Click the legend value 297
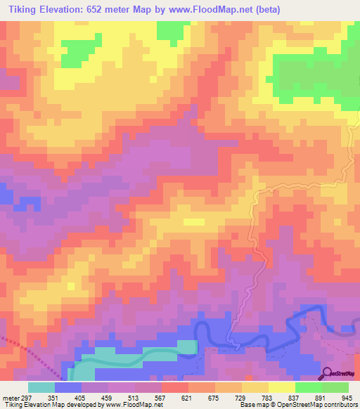[25, 397]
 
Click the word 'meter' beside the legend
[9, 397]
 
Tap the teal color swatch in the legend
[41, 387]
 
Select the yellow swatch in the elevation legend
[282, 387]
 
